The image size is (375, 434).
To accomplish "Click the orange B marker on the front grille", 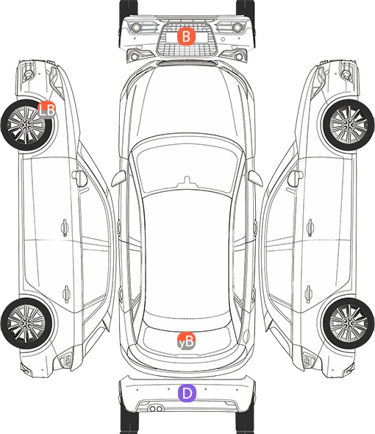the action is [186, 36].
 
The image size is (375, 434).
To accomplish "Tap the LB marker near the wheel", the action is [47, 110].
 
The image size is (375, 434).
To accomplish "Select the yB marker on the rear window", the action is [186, 341].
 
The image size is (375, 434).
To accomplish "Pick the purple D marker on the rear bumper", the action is [187, 393].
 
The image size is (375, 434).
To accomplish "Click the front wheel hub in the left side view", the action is [26, 125].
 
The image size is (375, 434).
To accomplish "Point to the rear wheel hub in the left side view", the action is [26, 323].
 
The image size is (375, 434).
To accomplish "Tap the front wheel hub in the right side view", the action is [349, 125].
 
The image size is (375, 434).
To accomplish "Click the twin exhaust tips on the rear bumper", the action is [156, 408].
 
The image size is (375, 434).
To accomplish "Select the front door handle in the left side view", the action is [65, 227].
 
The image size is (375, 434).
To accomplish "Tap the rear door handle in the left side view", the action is [66, 294].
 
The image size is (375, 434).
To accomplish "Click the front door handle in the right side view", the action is [310, 227].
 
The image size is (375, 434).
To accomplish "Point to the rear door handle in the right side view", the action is [309, 294].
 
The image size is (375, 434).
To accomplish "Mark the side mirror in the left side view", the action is [79, 179].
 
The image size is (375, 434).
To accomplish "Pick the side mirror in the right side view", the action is [295, 179].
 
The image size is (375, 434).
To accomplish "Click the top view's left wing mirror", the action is [118, 179].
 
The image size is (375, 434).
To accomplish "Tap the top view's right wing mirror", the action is [255, 179].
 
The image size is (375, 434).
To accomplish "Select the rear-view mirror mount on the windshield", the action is [187, 180].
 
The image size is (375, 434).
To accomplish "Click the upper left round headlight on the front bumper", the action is [135, 27].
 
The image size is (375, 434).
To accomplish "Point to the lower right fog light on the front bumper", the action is [240, 57].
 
